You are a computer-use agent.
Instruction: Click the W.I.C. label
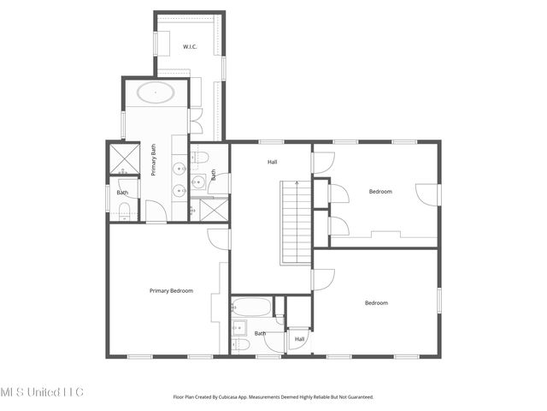[190, 47]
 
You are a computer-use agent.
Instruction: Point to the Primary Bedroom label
[171, 291]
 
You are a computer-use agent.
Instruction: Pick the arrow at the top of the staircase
[295, 183]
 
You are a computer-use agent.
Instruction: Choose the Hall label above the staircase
[272, 161]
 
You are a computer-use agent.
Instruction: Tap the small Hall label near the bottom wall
[299, 339]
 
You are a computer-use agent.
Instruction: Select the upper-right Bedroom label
[380, 192]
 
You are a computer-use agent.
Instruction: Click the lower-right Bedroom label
[376, 303]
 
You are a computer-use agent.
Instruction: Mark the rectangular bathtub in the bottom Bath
[251, 307]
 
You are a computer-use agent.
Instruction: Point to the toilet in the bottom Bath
[240, 345]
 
